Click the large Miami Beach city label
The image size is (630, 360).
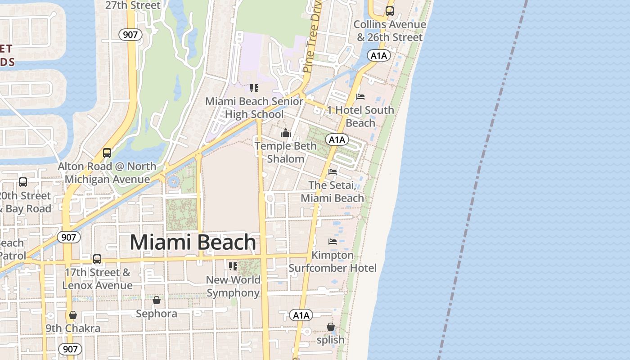tap(193, 242)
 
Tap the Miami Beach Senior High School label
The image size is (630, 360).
tap(254, 108)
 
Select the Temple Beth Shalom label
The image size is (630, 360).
tap(286, 153)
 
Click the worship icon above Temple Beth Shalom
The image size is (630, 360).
tap(286, 133)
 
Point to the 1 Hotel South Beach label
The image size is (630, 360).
tap(360, 116)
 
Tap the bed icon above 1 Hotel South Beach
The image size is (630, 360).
tap(360, 96)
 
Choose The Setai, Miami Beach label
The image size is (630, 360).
tap(332, 192)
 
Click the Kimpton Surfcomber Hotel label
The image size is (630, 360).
tap(333, 261)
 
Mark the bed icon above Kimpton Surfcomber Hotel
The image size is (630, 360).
tap(333, 242)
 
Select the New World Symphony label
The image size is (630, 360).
tap(233, 286)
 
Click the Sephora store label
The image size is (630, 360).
tap(157, 314)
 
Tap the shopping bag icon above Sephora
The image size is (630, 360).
tap(157, 300)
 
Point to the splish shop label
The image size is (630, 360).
tap(330, 340)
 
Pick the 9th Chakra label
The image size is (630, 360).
tap(73, 328)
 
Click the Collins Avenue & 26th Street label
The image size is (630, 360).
tap(390, 31)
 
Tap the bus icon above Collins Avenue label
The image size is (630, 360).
tap(390, 11)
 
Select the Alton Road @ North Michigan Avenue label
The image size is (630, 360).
tap(107, 173)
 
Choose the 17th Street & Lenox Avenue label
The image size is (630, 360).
tap(97, 279)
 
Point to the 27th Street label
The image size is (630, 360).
tap(133, 5)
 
